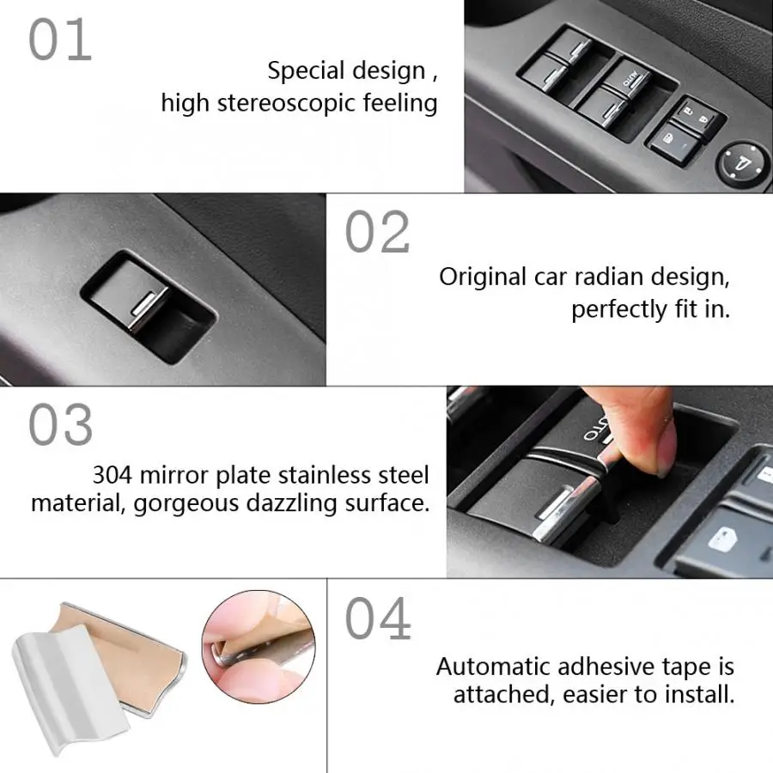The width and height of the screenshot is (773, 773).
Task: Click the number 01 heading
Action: (60, 40)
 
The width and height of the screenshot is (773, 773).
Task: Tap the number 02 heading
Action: (377, 232)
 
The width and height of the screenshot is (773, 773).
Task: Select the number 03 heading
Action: (61, 424)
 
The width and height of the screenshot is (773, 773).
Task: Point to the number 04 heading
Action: (378, 618)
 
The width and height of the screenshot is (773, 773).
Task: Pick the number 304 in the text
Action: (113, 475)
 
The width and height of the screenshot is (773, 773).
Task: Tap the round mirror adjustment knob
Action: (744, 163)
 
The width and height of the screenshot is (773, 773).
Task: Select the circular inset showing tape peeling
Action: (259, 647)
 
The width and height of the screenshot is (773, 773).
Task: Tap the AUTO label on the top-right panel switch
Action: (630, 79)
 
